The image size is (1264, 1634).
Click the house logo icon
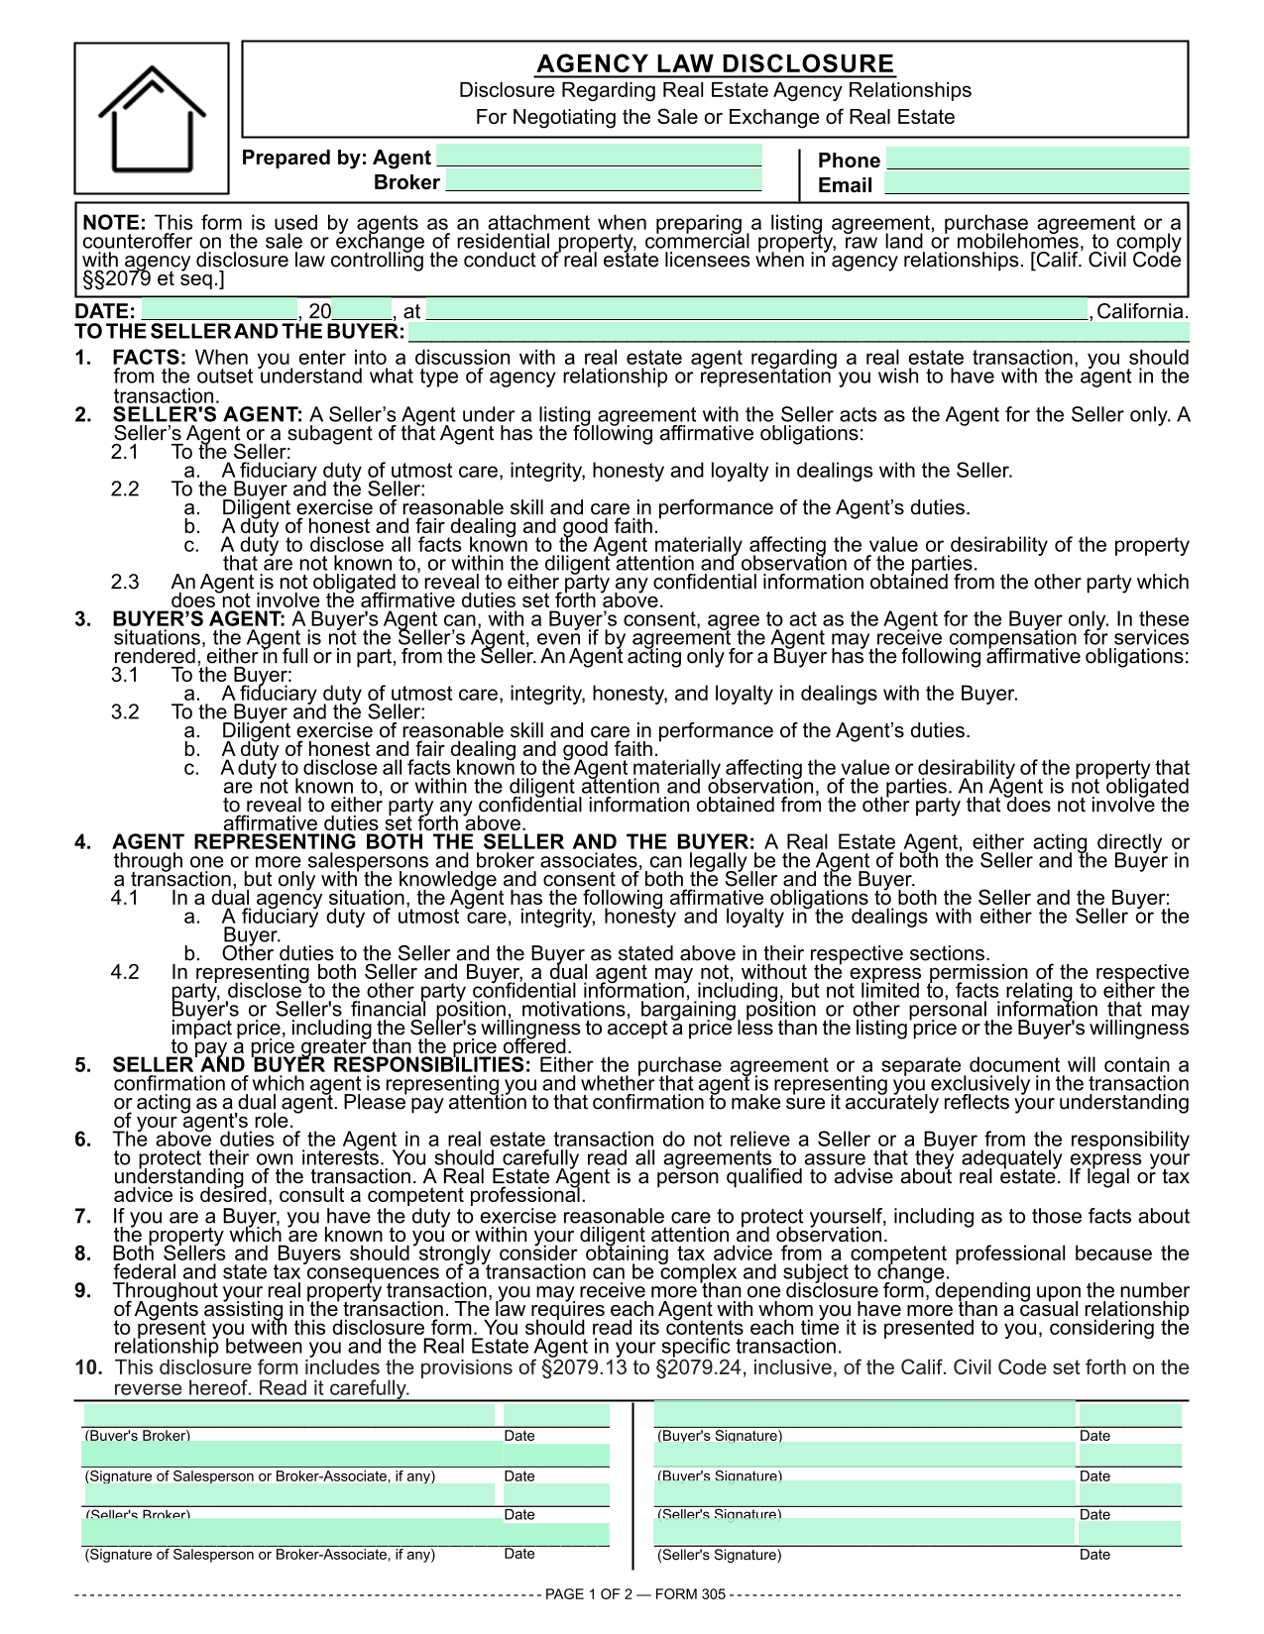[x=152, y=119]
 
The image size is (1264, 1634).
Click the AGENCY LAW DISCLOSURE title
[x=715, y=64]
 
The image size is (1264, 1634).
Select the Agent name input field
[x=599, y=157]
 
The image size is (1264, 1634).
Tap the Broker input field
[x=604, y=181]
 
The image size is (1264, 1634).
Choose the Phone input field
[x=1037, y=159]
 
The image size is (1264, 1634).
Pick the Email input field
[x=1036, y=183]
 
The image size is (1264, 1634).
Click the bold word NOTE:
[x=114, y=223]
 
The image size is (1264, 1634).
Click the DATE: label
[x=105, y=311]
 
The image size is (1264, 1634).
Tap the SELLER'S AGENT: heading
[x=207, y=415]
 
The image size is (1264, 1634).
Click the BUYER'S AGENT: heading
[x=198, y=619]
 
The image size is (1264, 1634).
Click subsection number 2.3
[x=125, y=582]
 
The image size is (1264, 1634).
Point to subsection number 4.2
[x=125, y=972]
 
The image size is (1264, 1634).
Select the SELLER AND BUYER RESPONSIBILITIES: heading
[x=321, y=1065]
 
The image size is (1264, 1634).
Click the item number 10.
[x=88, y=1367]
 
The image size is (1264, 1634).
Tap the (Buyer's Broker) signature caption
[x=138, y=1435]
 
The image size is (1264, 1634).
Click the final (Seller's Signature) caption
[x=719, y=1555]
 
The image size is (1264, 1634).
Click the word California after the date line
[x=1141, y=311]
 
